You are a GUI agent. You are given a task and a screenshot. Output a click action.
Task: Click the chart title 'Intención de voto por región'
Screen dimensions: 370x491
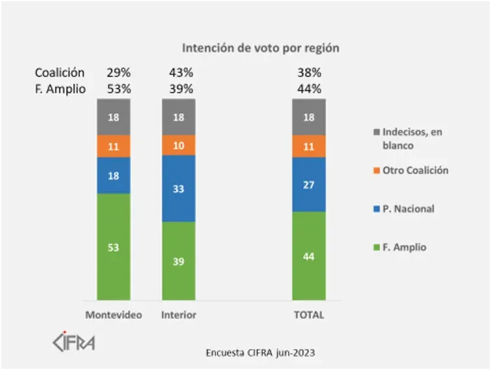[x=260, y=48]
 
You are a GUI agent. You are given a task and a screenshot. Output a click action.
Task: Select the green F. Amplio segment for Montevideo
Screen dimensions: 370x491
[x=113, y=247]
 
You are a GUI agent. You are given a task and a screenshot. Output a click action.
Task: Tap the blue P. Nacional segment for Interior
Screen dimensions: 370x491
[x=178, y=189]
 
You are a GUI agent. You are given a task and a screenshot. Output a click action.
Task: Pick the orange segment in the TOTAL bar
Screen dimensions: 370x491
[x=309, y=146]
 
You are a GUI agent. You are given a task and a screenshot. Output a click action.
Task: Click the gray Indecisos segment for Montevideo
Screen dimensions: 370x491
[x=113, y=117]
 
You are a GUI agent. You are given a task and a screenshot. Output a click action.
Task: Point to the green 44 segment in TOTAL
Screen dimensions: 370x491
[x=309, y=255]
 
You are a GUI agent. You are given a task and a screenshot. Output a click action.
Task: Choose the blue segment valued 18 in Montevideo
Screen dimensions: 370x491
[x=113, y=176]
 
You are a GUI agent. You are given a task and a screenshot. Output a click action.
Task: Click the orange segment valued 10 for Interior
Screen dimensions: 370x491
[x=178, y=145]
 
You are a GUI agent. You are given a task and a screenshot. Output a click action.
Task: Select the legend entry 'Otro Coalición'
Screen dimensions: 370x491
[x=414, y=170]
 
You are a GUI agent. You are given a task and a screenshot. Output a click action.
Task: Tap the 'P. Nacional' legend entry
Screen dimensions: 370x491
[x=407, y=209]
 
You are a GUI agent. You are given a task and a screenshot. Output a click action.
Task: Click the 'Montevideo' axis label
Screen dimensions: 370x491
[x=114, y=315]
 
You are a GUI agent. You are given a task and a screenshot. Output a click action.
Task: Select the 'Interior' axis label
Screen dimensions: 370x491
[x=178, y=315]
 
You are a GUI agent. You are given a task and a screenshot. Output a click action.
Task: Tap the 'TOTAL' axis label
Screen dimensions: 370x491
[x=309, y=315]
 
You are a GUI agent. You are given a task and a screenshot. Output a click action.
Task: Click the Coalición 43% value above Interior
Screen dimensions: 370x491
[x=180, y=72]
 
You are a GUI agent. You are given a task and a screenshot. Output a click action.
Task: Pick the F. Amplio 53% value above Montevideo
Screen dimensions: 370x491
[x=119, y=89]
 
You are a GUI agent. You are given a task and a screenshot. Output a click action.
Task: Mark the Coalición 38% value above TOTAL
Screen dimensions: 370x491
[x=308, y=72]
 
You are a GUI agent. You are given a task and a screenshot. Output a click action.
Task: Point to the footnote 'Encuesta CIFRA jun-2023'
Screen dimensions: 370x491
[x=260, y=352]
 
